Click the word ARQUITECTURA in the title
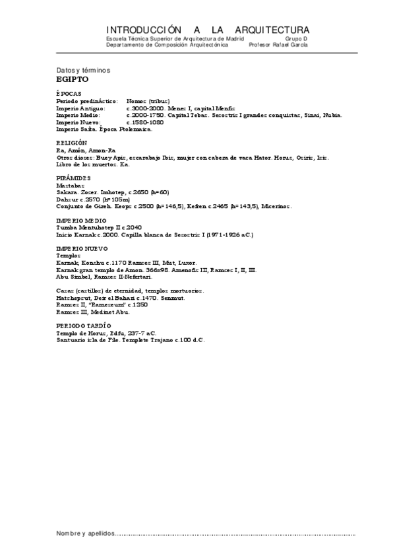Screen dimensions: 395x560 [266, 30]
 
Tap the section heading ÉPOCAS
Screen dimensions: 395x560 [69, 94]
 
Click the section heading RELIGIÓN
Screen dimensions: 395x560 [71, 143]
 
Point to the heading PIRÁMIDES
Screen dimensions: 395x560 [73, 179]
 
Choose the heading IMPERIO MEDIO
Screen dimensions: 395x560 [81, 219]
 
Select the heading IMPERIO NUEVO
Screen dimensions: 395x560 [82, 248]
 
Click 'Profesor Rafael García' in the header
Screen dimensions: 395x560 [279, 45]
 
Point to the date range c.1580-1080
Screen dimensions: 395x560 [145, 122]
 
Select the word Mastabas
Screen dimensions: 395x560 [70, 186]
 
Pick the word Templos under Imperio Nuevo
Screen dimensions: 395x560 [69, 255]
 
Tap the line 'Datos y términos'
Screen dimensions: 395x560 [84, 70]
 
